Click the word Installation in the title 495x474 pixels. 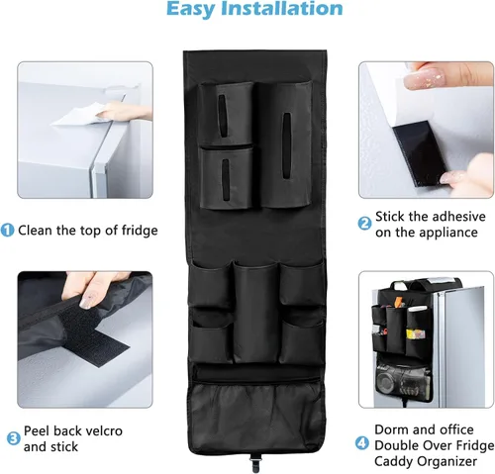click(x=285, y=9)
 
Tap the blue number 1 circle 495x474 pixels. click(x=7, y=230)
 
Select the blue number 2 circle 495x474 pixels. click(x=364, y=224)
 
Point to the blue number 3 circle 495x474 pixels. click(x=14, y=438)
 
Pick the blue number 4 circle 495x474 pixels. click(x=362, y=442)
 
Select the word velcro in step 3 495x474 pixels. click(x=101, y=430)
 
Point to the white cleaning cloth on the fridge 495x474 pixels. click(x=79, y=115)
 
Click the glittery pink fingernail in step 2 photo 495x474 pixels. click(x=425, y=79)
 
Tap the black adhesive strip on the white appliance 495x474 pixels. click(x=418, y=152)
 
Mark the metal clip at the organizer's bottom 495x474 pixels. click(x=254, y=461)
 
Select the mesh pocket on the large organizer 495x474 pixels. click(x=255, y=417)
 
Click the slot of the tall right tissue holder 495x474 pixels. click(x=286, y=146)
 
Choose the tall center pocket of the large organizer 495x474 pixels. click(x=255, y=313)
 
